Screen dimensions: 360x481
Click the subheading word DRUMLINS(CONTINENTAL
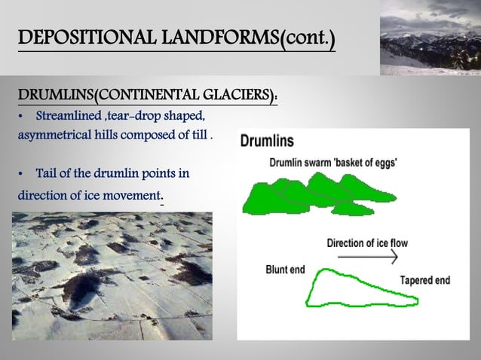pos(106,96)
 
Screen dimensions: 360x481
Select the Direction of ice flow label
pos(366,243)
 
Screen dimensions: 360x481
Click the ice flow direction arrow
pos(366,257)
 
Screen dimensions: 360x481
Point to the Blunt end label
pos(285,270)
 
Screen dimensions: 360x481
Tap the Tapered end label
pos(425,280)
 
